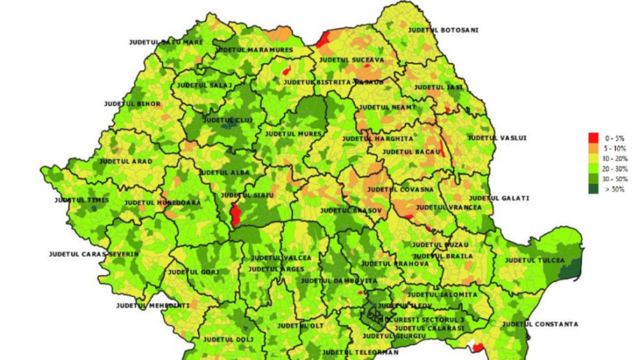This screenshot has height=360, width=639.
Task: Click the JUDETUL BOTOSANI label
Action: [444, 30]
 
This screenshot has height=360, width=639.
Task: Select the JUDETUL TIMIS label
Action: [81, 200]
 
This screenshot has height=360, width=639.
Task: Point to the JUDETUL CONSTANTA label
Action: [541, 324]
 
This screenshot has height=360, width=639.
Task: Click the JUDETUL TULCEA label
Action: [535, 260]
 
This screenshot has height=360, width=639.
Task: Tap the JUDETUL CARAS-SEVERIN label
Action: [93, 254]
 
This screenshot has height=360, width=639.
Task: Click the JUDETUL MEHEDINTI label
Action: [153, 306]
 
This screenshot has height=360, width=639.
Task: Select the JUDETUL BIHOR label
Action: [132, 103]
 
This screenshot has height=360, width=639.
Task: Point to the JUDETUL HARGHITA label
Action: [377, 139]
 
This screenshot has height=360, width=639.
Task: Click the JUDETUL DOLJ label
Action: [226, 339]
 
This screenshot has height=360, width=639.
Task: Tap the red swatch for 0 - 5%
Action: [593, 138]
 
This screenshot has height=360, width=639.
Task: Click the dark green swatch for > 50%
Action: [593, 190]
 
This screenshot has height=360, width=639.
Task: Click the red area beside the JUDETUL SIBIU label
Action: [235, 215]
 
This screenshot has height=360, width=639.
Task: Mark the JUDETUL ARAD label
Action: [126, 162]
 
